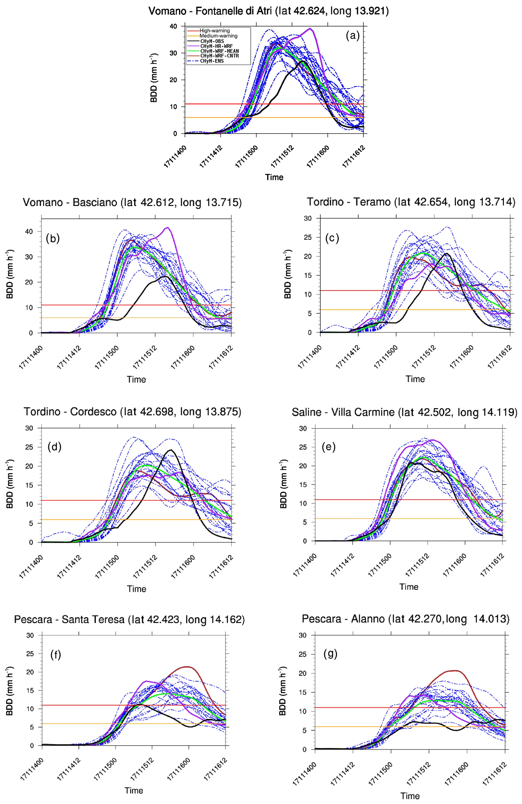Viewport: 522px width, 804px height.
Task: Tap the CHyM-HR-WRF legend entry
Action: pyautogui.click(x=216, y=46)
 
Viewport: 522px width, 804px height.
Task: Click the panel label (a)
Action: pyautogui.click(x=353, y=35)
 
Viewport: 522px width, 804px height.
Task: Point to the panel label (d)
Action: pyautogui.click(x=54, y=447)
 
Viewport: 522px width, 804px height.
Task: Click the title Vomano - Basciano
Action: pyautogui.click(x=132, y=202)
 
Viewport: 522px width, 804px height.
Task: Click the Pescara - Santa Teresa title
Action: pyautogui.click(x=129, y=619)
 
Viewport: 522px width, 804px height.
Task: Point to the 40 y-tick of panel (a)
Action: pyautogui.click(x=173, y=26)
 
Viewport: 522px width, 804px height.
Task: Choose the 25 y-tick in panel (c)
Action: pyautogui.click(x=308, y=237)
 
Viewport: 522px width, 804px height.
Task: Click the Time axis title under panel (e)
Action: pyautogui.click(x=409, y=587)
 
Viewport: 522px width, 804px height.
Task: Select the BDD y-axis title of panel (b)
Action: pyautogui.click(x=10, y=274)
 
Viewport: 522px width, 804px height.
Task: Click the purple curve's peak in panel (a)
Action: pyautogui.click(x=310, y=28)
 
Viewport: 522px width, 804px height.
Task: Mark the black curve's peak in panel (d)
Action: pyautogui.click(x=171, y=450)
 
